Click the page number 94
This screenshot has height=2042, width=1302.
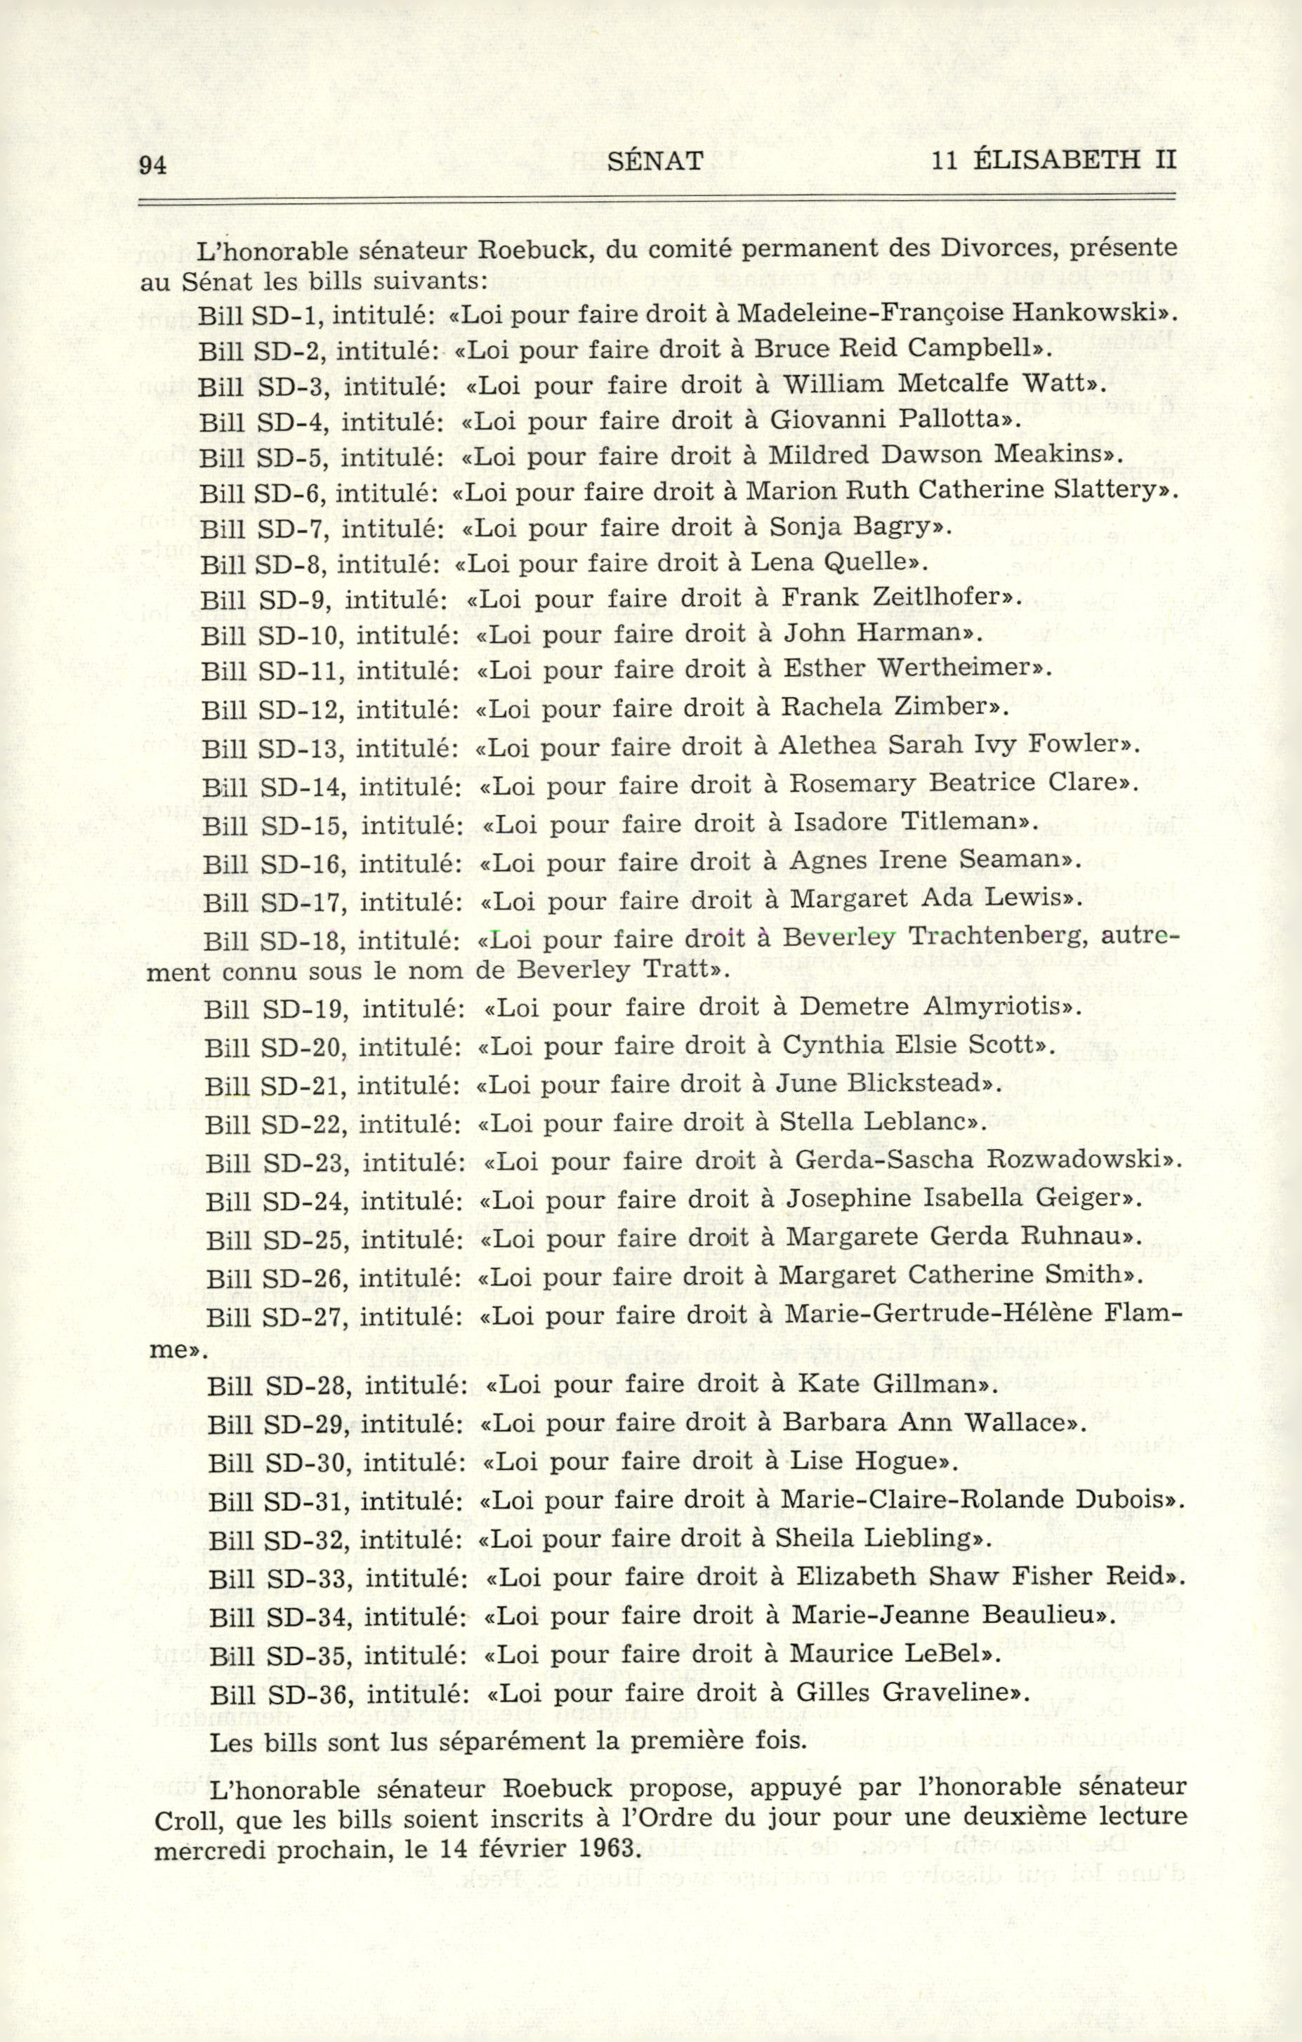(x=152, y=166)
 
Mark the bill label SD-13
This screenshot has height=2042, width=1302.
(x=301, y=749)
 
